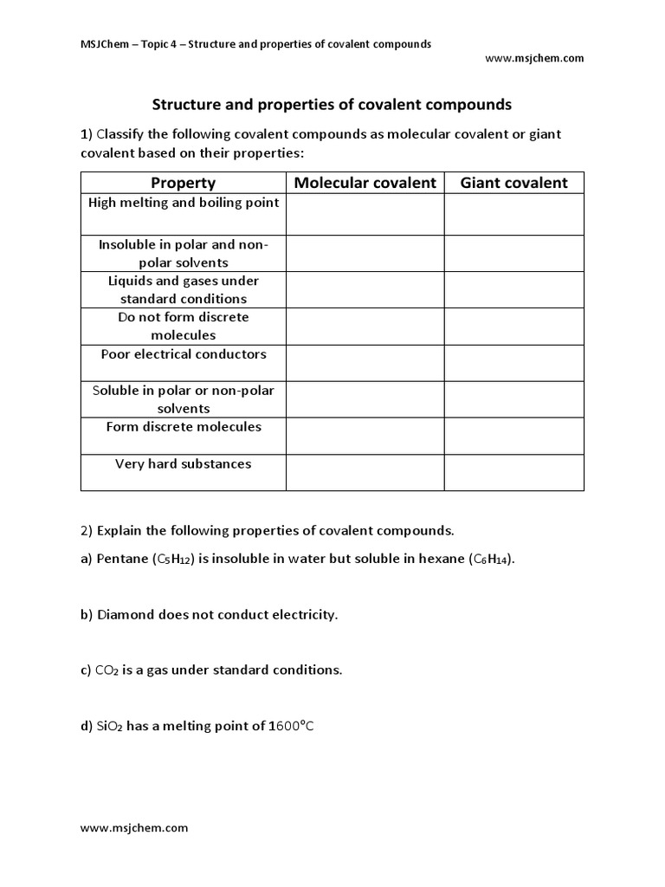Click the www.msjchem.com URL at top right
pos(534,58)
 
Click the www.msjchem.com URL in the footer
pos(134,827)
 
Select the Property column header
pos(183,183)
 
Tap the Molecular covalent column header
pos(365,183)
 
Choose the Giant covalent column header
pos(513,183)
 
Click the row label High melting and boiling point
pos(184,203)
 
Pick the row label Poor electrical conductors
pos(184,354)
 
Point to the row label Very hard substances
pos(184,463)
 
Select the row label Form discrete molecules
pos(184,427)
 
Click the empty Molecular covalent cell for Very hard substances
pos(365,472)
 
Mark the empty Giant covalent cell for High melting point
pos(513,214)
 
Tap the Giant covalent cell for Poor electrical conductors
pos(513,363)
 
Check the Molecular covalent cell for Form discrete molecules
pos(365,436)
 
